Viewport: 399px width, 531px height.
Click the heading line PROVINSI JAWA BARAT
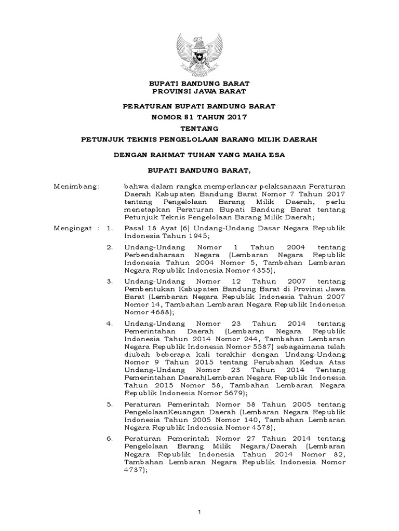click(x=199, y=91)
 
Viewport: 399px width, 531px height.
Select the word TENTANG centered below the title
click(x=199, y=128)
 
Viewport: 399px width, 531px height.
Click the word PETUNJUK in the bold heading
click(x=102, y=139)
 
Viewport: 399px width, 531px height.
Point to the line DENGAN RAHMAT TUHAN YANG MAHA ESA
click(x=199, y=155)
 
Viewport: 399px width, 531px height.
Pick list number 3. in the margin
click(x=109, y=281)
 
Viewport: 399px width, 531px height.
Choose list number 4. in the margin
click(x=109, y=324)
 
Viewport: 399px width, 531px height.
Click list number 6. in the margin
click(x=109, y=439)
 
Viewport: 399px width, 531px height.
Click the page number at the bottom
click(x=199, y=513)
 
